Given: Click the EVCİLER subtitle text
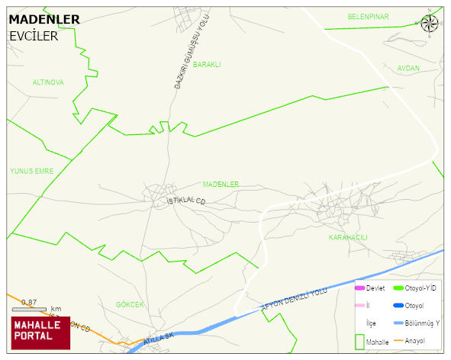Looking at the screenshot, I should coord(34,36).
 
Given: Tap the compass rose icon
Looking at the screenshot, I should coord(430,23).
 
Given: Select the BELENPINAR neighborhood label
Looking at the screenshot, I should coord(368,16).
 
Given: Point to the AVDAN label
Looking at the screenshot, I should coord(408,68).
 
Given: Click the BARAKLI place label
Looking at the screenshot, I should coord(207,65).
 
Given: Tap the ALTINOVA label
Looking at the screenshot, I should coord(48,82).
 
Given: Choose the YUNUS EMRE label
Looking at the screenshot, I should coord(32,171).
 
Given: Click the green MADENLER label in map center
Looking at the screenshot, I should coord(221,184).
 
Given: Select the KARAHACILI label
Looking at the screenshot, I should coord(347,237).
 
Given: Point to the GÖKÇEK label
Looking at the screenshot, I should coord(130,304).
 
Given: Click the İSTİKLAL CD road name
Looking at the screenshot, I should coord(186,201).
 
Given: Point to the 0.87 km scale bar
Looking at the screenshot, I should coord(29,309).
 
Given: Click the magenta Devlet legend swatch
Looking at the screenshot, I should coord(359,288).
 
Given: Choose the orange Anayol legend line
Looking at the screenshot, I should coord(398,339).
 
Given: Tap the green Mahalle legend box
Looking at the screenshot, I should coord(359,342).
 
